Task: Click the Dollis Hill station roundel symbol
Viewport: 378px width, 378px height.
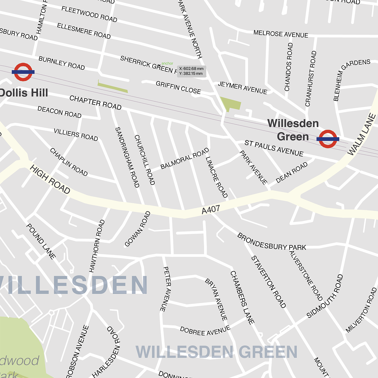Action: [x=23, y=72]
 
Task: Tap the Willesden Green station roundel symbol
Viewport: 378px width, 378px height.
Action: [x=328, y=139]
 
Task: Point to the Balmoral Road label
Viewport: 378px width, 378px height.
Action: [x=185, y=158]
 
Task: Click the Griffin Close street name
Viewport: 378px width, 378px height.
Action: [x=178, y=88]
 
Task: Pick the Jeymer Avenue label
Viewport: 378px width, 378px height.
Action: [x=242, y=88]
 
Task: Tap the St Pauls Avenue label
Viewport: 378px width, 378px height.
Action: [x=274, y=148]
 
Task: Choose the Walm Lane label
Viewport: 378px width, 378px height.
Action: [x=362, y=135]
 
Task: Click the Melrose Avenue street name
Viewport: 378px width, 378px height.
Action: [x=281, y=34]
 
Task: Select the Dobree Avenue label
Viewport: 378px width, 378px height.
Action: [x=205, y=331]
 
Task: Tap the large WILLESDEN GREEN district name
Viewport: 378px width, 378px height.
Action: [x=216, y=352]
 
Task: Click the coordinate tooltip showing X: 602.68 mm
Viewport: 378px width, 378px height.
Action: [x=191, y=71]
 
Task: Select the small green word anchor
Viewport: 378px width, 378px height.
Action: [x=167, y=63]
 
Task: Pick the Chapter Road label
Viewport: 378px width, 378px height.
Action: [x=95, y=103]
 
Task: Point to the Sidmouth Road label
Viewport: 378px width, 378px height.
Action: [x=325, y=296]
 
